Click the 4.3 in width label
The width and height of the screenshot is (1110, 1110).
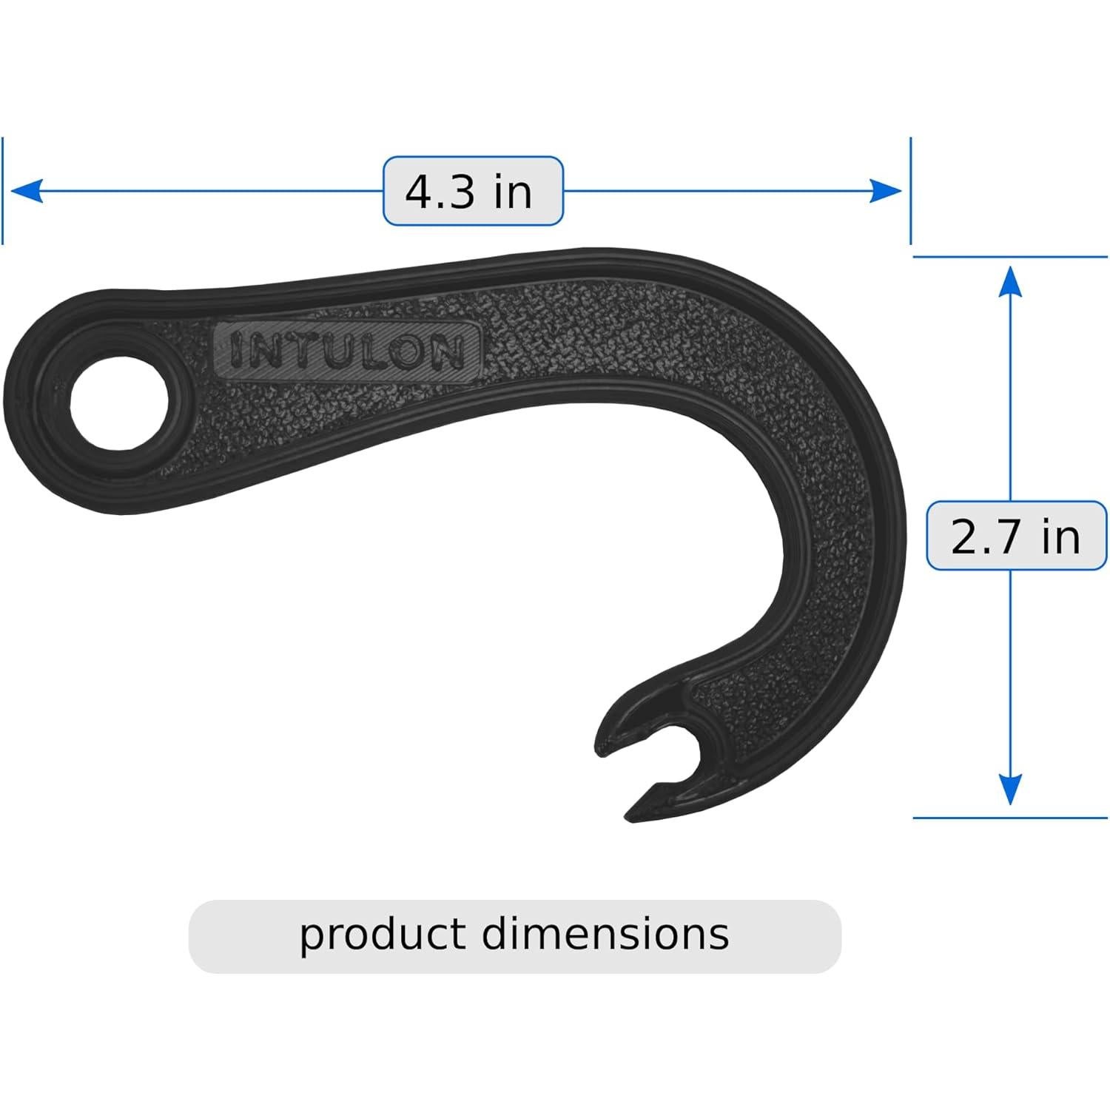pos(473,191)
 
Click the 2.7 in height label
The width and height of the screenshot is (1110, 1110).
pos(1016,536)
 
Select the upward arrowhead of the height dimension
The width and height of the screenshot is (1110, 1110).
pos(1010,282)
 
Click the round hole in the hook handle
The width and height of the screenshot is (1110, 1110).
pos(118,403)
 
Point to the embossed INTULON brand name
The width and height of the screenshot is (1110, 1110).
pos(346,350)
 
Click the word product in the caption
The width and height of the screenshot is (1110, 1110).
pos(383,935)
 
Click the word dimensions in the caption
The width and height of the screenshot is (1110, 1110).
pos(605,934)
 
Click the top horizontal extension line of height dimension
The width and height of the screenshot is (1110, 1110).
pos(1010,257)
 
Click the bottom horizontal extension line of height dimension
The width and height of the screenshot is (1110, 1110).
pos(1010,818)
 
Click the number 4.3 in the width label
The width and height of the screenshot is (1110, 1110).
pos(440,192)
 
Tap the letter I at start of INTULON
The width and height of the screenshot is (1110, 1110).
pos(235,351)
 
